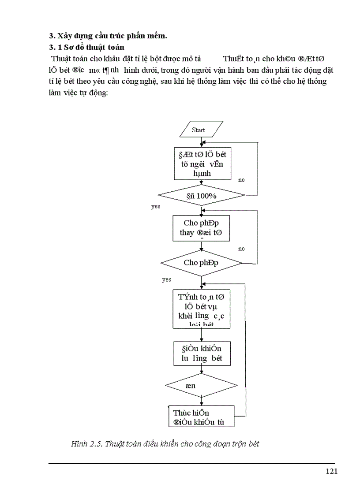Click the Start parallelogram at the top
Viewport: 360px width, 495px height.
[x=199, y=130]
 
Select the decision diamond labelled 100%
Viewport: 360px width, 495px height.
[x=202, y=195]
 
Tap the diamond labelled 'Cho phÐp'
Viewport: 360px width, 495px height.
[x=201, y=262]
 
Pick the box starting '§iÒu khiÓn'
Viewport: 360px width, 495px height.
[x=201, y=353]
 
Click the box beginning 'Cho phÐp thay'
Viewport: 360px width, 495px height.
[x=201, y=228]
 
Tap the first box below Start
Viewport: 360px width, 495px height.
[x=203, y=163]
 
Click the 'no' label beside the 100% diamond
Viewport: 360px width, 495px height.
[x=241, y=180]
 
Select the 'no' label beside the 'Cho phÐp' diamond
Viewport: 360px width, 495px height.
[x=241, y=249]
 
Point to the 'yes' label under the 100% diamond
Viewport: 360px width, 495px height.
[x=156, y=206]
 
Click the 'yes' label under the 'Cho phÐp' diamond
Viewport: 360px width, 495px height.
[x=166, y=279]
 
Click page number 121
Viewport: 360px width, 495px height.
[x=332, y=471]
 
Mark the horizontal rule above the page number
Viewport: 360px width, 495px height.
[x=192, y=463]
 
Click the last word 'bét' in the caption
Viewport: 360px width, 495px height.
[x=252, y=444]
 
